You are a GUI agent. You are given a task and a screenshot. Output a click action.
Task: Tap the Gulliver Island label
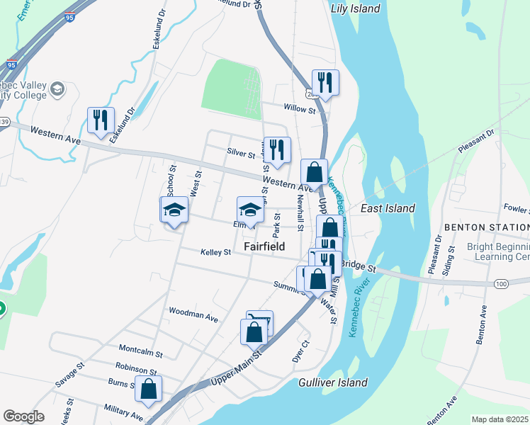333,382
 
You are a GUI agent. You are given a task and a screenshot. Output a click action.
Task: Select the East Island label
388,208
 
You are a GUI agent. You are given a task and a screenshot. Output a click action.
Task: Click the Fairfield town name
264,246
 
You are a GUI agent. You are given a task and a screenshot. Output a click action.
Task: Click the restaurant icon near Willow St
325,82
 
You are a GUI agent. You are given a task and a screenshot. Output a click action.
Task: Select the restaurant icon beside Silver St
277,149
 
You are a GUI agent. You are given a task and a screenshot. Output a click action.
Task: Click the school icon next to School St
174,210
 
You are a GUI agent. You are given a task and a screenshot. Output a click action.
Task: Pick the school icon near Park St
249,209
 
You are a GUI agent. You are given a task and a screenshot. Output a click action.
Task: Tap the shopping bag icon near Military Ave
148,389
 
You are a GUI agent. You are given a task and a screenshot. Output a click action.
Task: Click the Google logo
23,416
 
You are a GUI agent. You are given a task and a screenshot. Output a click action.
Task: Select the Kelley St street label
215,251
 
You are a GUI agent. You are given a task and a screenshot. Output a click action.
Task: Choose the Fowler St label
517,209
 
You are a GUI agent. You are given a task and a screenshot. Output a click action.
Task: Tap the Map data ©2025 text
500,419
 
